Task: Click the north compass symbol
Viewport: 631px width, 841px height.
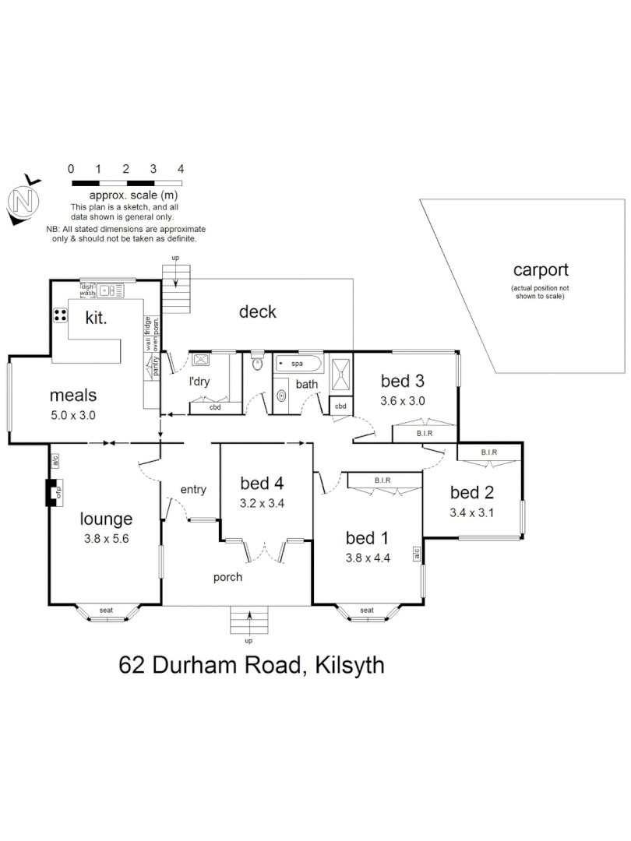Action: tap(23, 201)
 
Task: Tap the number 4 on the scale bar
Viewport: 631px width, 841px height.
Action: tap(181, 168)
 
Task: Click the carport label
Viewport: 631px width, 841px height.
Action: tap(540, 270)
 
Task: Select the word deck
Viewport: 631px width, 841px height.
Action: tap(257, 311)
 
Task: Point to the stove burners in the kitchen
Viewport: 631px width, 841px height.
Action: tap(59, 315)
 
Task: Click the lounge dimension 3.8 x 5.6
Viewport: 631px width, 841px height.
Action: tap(106, 537)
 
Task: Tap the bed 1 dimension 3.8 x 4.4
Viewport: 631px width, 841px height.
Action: tap(367, 558)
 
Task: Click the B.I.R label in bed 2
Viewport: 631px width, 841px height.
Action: tap(489, 452)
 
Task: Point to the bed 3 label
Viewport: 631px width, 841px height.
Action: tap(402, 381)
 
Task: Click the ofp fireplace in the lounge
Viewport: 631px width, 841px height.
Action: tap(53, 493)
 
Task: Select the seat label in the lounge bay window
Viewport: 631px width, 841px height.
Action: tap(106, 610)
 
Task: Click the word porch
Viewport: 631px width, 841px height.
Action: tap(227, 577)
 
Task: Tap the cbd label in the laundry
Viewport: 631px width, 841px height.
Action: tap(215, 407)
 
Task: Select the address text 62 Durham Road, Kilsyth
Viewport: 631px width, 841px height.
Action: tap(251, 667)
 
